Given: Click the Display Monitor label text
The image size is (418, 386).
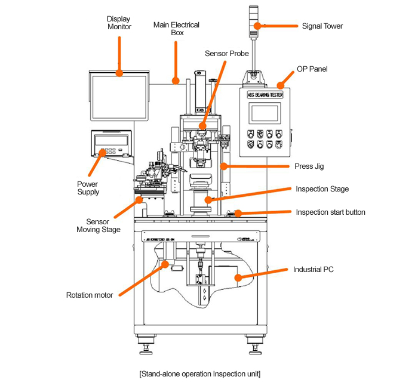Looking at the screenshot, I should pos(119,23).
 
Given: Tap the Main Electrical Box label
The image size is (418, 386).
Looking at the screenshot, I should pos(176,29).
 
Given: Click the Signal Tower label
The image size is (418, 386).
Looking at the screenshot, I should pos(323,26).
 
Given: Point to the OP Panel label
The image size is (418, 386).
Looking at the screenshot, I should pos(312,69).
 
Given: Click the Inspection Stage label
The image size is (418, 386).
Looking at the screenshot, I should pos(322,189).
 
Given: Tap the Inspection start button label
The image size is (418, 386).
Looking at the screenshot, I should pos(331,212).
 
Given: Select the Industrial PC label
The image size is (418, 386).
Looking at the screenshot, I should pos(313,269).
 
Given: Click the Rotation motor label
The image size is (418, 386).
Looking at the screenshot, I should pos(90,295).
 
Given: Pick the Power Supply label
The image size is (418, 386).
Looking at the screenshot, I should pos(88,188).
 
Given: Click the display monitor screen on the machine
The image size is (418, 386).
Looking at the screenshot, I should pos(119,95).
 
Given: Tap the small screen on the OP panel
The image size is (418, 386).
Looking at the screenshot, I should pos(265,113).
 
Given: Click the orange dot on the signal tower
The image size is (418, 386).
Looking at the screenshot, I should pos(257,26).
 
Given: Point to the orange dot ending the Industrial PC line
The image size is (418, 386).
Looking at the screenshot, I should pos(237,277).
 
